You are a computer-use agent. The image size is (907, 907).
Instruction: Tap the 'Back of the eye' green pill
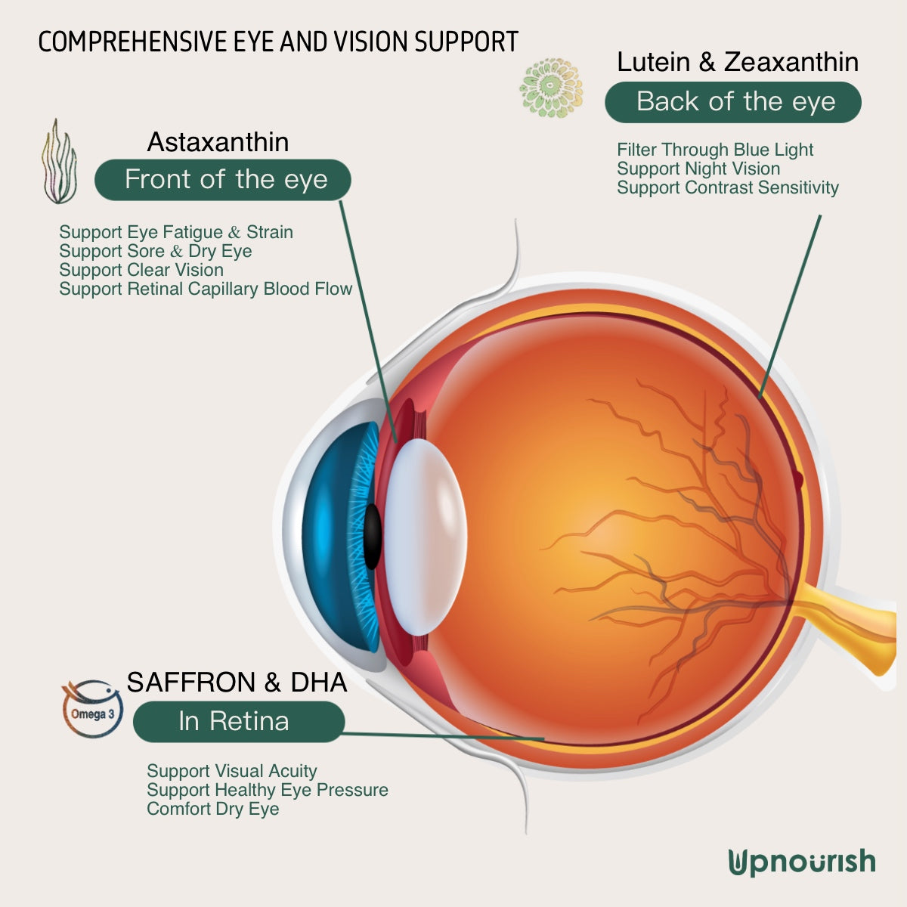coord(733,102)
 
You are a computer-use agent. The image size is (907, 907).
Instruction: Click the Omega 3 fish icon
coord(92,709)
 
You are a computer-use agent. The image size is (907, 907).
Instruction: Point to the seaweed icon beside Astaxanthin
coord(59,163)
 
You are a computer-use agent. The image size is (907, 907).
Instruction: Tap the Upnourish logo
coord(802,862)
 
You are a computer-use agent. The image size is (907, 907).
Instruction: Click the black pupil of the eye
coord(372,536)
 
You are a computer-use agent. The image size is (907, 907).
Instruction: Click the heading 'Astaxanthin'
coord(218,142)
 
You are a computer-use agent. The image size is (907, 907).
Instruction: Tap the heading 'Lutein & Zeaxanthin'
coord(737,62)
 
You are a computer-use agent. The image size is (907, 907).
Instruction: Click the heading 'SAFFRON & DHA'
coord(237,682)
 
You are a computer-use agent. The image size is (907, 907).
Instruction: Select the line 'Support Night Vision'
coord(698,169)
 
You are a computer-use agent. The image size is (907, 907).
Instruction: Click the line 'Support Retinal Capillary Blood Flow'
coord(206,289)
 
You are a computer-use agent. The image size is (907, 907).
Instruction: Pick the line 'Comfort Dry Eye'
coord(212,809)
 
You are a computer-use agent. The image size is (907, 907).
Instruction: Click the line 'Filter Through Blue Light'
coord(714,150)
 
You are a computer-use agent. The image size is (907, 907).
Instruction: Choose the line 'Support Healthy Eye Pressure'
coord(267,790)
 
